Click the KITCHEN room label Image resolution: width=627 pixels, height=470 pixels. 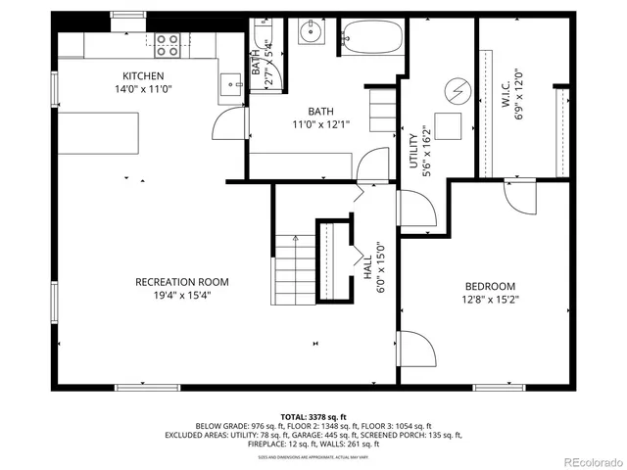point(142,75)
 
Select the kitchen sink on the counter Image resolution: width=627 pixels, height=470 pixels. point(232,85)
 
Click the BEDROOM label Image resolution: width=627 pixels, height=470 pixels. point(491,286)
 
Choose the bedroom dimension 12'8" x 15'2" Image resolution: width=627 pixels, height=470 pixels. point(491,300)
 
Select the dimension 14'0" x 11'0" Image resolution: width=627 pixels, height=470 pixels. point(142,89)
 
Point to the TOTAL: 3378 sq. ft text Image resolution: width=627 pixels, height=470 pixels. point(313,417)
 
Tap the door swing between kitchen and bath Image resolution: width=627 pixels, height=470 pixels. point(227,122)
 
